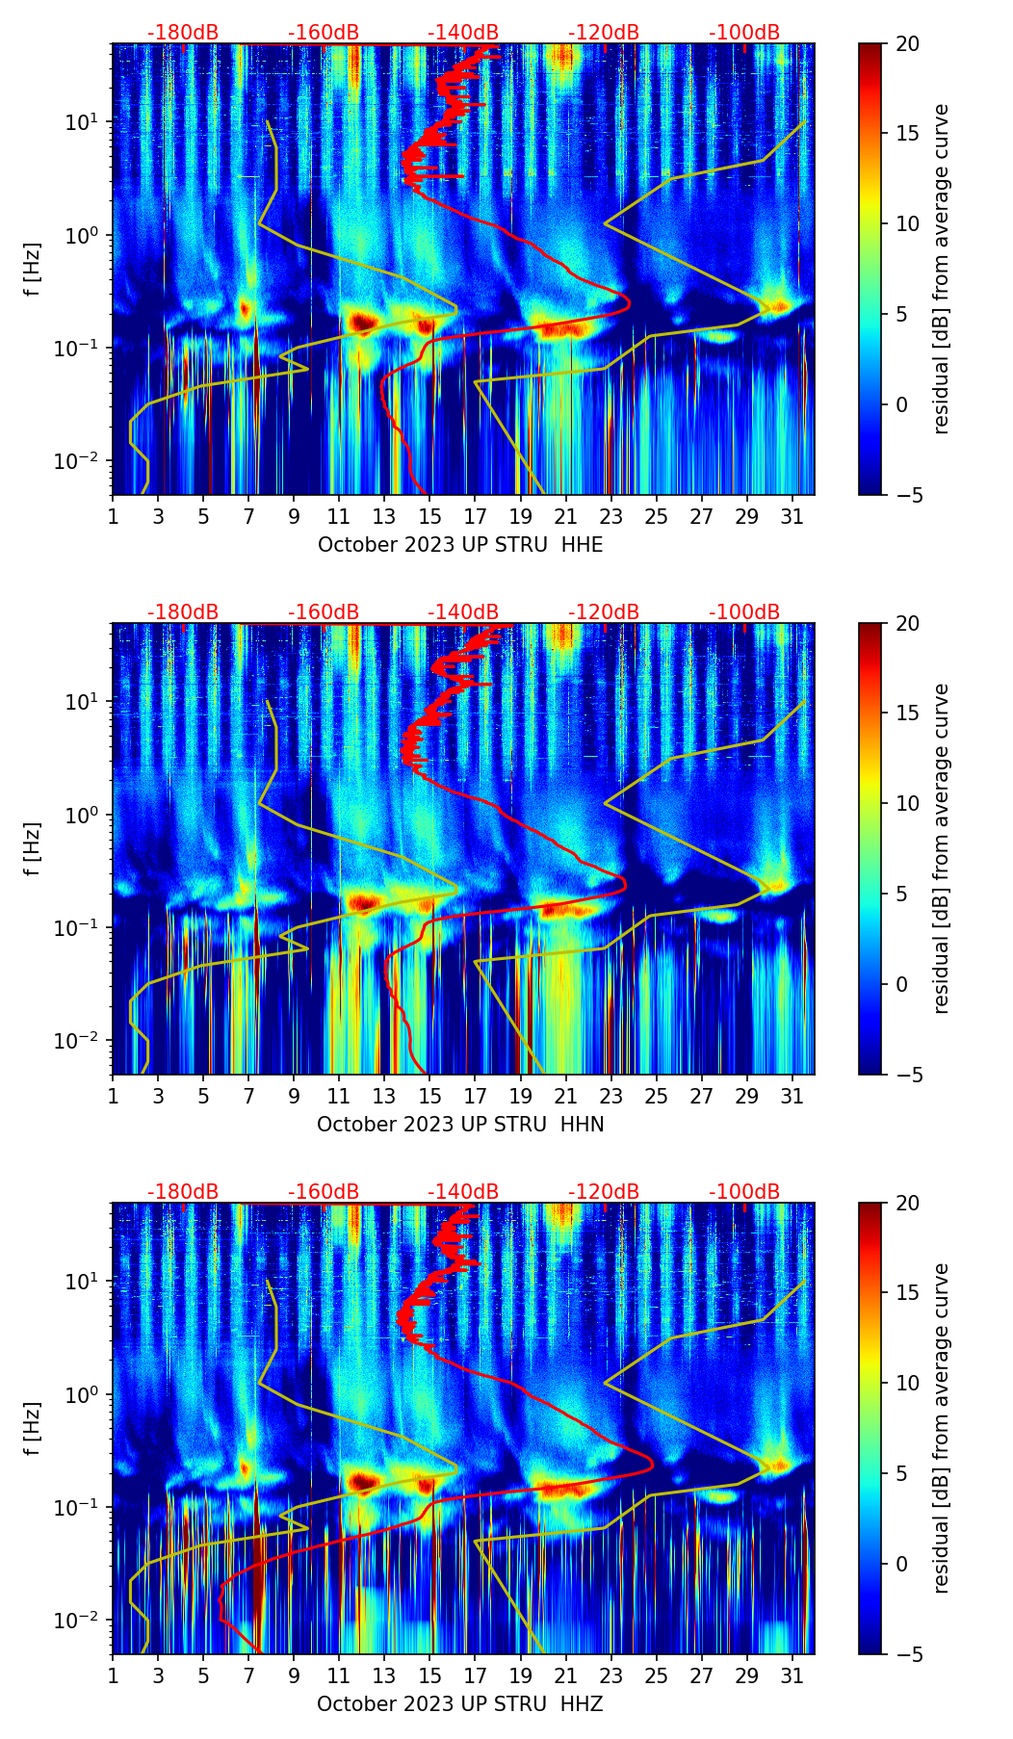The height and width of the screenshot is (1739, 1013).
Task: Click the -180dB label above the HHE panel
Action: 183,33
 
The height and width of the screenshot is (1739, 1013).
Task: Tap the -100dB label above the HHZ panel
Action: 744,1192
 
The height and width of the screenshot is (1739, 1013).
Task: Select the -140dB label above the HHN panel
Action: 463,612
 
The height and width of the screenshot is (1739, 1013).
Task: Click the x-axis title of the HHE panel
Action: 460,545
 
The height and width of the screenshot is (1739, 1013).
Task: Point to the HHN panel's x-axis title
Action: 460,1125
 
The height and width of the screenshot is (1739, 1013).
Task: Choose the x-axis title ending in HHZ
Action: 460,1704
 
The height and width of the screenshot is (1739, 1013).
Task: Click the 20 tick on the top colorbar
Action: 908,43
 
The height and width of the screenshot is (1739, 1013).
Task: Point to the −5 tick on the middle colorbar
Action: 908,1075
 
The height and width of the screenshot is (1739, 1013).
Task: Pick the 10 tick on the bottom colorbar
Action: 908,1383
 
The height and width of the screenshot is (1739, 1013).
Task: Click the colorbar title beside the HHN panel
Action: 941,848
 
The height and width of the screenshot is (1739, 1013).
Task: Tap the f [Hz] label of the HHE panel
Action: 33,269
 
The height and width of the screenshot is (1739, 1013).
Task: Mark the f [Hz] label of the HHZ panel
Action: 33,1428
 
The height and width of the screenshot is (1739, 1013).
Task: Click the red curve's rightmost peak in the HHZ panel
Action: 653,1465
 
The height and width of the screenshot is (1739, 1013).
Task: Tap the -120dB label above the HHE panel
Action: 604,33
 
